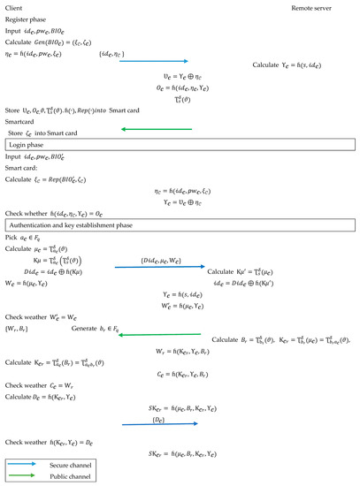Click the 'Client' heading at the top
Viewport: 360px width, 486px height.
click(x=14, y=8)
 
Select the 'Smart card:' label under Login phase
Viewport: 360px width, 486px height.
click(x=23, y=165)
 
